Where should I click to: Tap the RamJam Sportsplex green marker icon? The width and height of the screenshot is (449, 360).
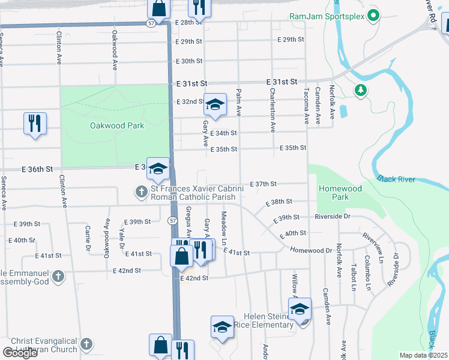373,16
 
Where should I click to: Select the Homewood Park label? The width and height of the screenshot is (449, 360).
340,193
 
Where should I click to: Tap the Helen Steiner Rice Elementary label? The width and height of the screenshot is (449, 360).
268,320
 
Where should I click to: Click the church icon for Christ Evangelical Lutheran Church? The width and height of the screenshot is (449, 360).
86,344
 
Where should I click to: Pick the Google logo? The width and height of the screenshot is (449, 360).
20,352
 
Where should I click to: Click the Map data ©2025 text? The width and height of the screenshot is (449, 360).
423,355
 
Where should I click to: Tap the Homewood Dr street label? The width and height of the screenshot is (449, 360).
311,250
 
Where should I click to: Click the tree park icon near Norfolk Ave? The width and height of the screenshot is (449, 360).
360,90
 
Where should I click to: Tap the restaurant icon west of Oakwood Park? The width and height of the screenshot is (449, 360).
35,123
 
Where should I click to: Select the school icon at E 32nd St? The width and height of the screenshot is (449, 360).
214,105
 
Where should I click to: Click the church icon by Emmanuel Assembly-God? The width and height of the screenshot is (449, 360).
58,277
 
